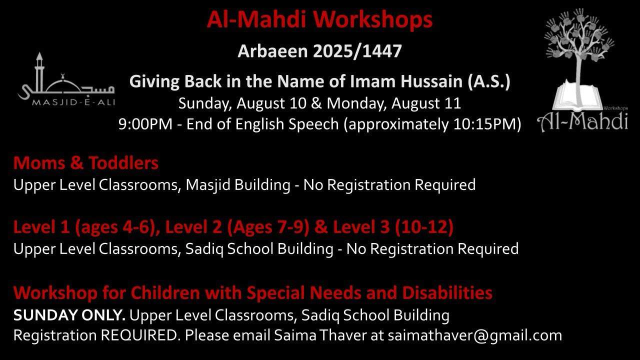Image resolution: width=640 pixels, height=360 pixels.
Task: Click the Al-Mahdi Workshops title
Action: (x=319, y=19)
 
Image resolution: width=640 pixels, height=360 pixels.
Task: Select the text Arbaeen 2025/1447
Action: (x=319, y=51)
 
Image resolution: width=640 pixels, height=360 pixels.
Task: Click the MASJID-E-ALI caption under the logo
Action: (x=73, y=102)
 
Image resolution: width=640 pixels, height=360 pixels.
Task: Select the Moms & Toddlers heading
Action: (x=85, y=163)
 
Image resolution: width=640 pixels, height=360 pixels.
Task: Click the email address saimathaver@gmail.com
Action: (x=475, y=335)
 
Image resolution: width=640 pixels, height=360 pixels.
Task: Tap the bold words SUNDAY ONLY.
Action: (x=69, y=315)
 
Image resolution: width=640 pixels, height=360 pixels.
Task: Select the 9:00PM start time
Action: (x=145, y=124)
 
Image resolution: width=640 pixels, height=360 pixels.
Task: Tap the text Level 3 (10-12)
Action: (x=393, y=227)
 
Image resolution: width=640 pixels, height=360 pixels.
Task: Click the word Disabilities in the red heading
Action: (x=447, y=293)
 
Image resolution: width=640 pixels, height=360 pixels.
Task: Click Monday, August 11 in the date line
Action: (x=393, y=103)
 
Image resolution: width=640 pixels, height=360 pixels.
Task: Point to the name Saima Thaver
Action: (x=320, y=335)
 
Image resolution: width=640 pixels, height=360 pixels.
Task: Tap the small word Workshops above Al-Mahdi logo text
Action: (x=615, y=108)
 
